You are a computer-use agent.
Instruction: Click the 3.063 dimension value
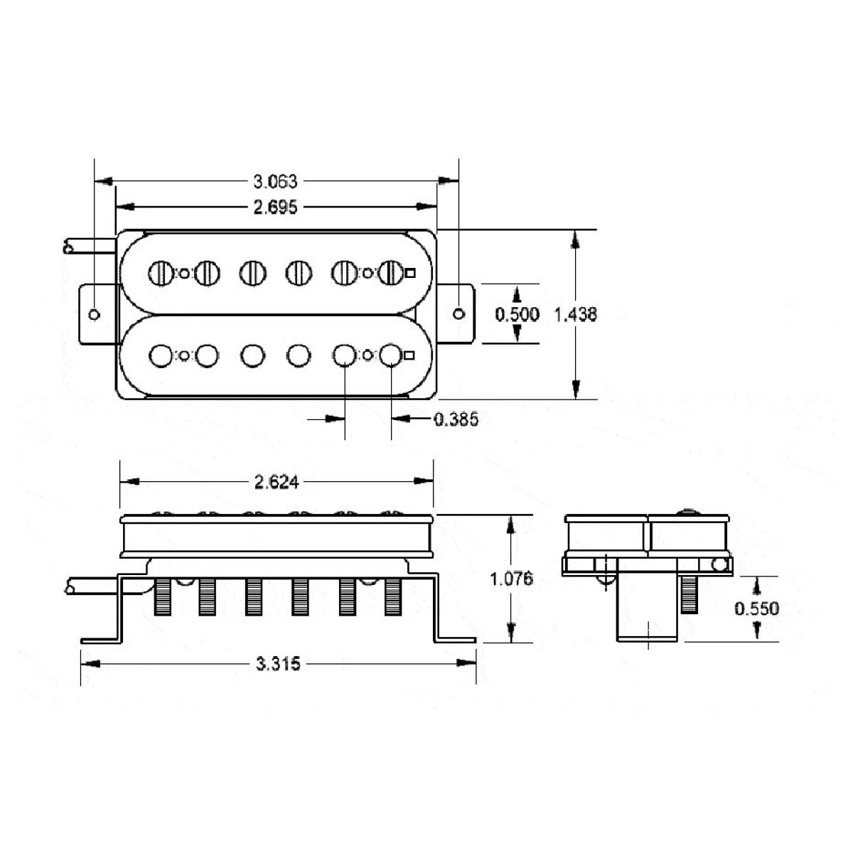pyautogui.click(x=275, y=181)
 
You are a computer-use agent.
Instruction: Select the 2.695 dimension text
pyautogui.click(x=275, y=207)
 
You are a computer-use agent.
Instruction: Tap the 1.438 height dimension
pyautogui.click(x=576, y=314)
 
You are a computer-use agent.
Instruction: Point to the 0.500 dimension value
pyautogui.click(x=517, y=314)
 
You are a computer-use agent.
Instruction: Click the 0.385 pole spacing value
pyautogui.click(x=456, y=419)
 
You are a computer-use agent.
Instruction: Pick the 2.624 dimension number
pyautogui.click(x=277, y=482)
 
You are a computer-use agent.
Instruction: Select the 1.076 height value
pyautogui.click(x=512, y=578)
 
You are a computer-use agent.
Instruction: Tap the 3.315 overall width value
pyautogui.click(x=278, y=663)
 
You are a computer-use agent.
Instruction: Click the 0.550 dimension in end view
pyautogui.click(x=756, y=608)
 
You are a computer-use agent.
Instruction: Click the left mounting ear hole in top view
pyautogui.click(x=95, y=314)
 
